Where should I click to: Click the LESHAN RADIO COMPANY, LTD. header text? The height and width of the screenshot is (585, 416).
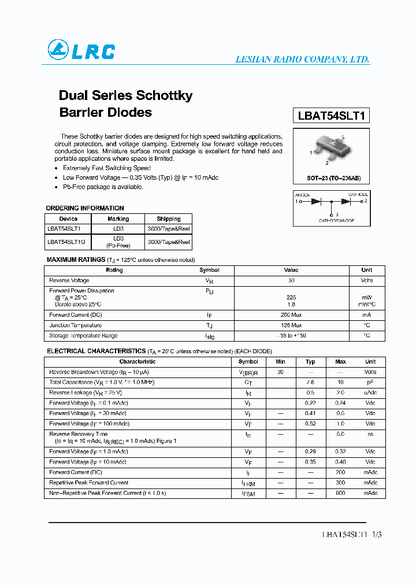[302, 60]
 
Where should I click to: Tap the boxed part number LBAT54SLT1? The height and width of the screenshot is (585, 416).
[331, 115]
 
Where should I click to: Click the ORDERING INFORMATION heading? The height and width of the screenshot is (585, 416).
[85, 208]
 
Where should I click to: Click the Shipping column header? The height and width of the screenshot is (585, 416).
[169, 219]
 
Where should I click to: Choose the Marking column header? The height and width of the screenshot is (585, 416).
[118, 219]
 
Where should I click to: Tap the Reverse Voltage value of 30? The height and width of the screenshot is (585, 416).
[291, 280]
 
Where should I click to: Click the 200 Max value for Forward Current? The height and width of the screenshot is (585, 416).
[291, 315]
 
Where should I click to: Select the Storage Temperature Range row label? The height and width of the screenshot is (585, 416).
[83, 336]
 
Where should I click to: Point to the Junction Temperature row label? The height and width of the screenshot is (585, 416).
[76, 325]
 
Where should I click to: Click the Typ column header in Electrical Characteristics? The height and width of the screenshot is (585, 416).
[310, 362]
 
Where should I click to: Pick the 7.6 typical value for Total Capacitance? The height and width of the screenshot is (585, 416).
[310, 383]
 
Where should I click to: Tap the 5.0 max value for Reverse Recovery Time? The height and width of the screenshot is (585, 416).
[340, 434]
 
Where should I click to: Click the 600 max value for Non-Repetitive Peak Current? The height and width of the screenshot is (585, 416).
[340, 493]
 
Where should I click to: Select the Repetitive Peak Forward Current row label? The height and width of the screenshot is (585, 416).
[88, 483]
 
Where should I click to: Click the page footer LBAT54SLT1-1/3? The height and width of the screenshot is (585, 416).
[351, 535]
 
